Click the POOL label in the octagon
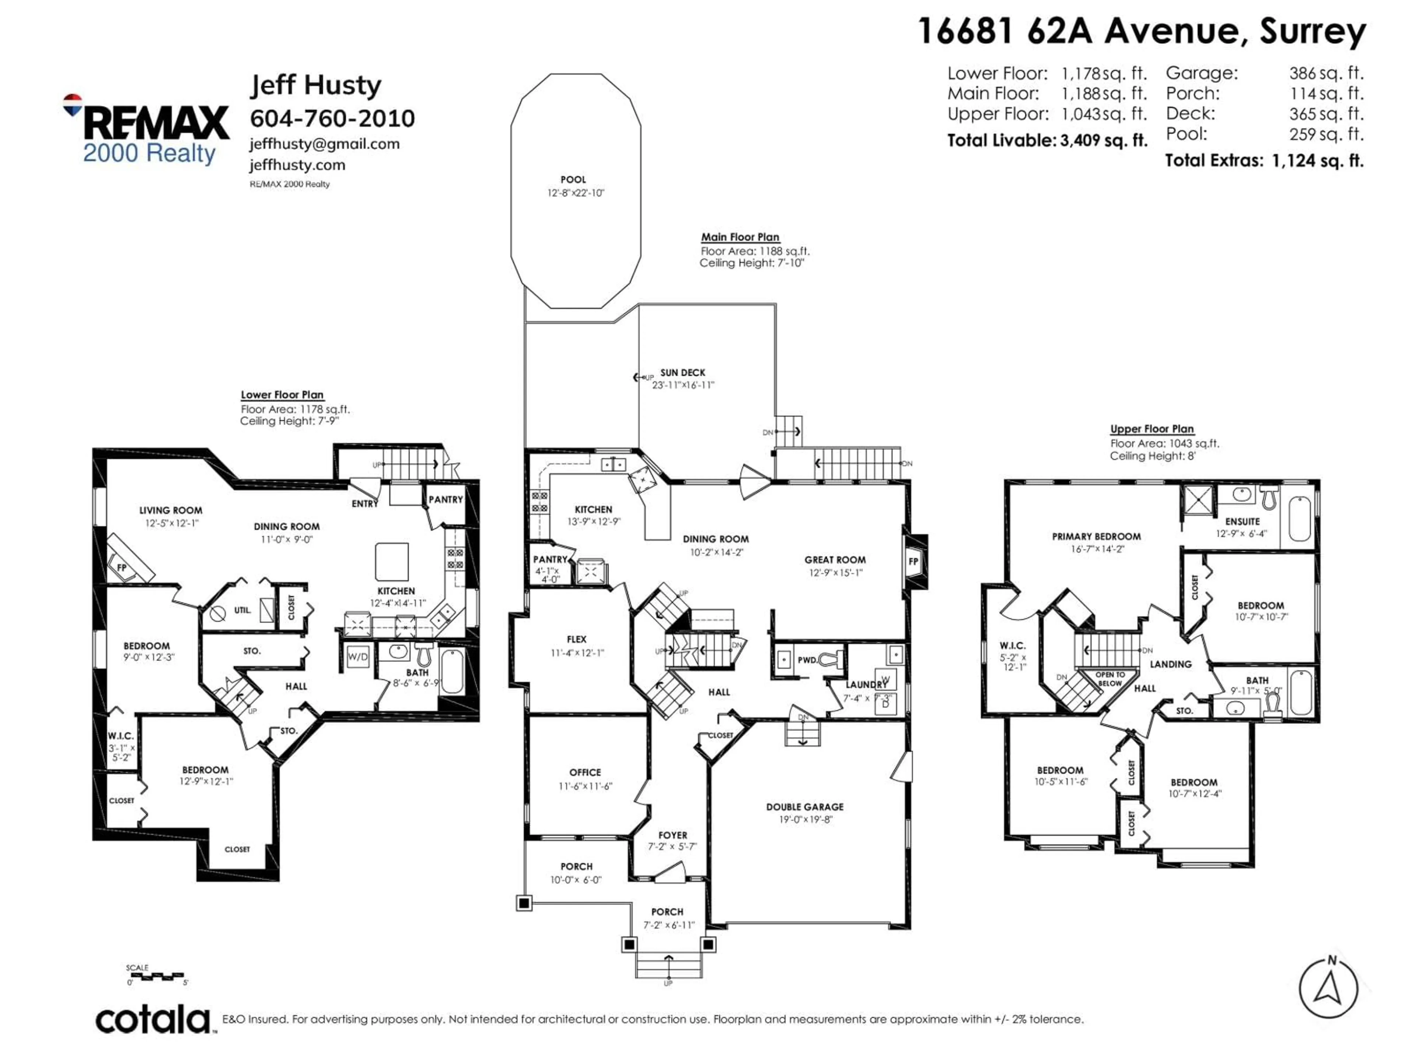pyautogui.click(x=573, y=180)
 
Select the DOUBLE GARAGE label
pyautogui.click(x=805, y=807)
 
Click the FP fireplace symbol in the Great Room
pyautogui.click(x=913, y=561)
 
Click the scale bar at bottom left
pyautogui.click(x=156, y=975)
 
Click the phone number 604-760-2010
pyautogui.click(x=332, y=118)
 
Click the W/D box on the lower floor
pyautogui.click(x=357, y=657)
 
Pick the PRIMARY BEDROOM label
pyautogui.click(x=1096, y=536)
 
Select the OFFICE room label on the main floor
pyautogui.click(x=585, y=773)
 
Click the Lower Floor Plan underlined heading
pyautogui.click(x=282, y=395)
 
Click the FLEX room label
pyautogui.click(x=576, y=639)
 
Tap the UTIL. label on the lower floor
pyautogui.click(x=242, y=610)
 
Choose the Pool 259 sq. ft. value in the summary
pyautogui.click(x=1326, y=134)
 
